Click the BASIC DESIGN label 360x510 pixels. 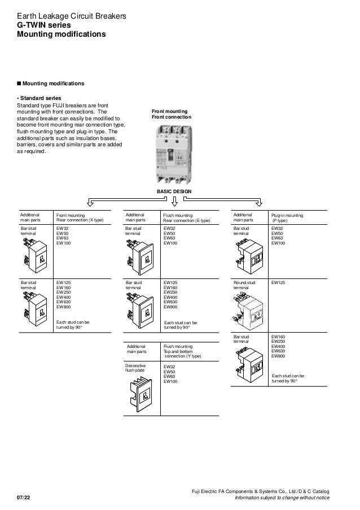(174, 192)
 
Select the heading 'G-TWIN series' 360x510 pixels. (42, 25)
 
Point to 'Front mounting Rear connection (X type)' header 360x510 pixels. (80, 218)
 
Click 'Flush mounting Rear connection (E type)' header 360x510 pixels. (186, 218)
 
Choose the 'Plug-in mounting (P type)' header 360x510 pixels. (287, 218)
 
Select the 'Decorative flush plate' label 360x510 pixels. (136, 369)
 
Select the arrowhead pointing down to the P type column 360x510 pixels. (260, 203)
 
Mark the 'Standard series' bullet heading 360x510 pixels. (39, 98)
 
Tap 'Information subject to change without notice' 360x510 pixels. (283, 497)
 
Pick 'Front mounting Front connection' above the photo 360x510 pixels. (172, 114)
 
